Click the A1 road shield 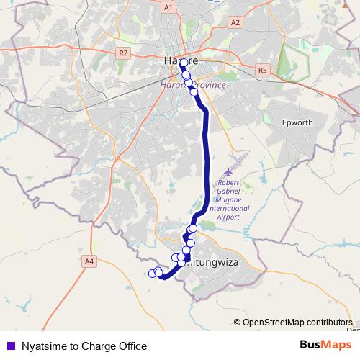168,7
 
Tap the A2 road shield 235,22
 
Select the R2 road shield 122,53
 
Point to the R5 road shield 261,70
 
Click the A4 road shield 89,261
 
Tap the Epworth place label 297,122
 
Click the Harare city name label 181,62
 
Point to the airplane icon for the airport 229,173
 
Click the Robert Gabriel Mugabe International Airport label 229,196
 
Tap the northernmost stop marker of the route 184,63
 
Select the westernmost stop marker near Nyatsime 152,273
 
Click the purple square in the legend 9,346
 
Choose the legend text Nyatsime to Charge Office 84,346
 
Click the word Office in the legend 132,346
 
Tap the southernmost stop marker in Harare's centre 194,91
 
